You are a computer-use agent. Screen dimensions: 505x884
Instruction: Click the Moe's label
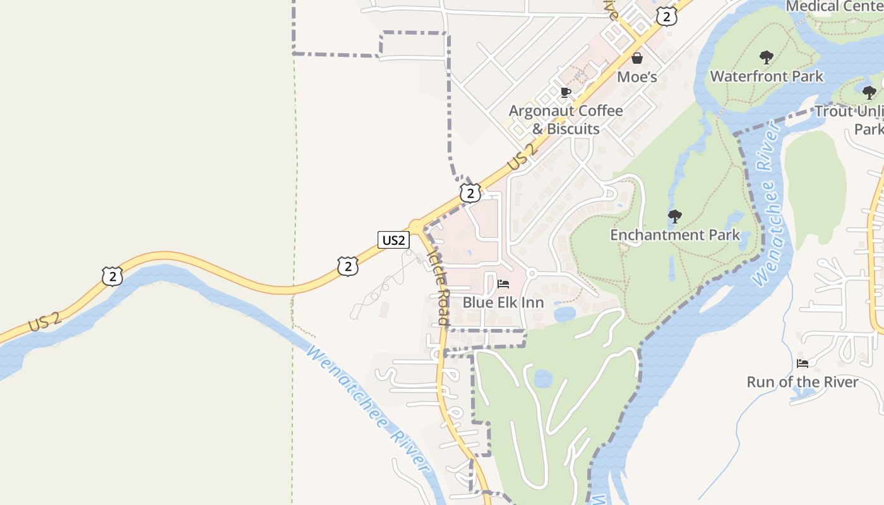pos(637,77)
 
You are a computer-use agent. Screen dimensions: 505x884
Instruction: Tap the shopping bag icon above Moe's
pos(637,59)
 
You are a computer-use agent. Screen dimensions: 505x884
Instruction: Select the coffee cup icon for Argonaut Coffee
pos(566,93)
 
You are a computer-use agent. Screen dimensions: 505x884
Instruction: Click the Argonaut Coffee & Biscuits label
pos(566,120)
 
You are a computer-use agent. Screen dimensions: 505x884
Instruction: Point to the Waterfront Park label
pos(767,76)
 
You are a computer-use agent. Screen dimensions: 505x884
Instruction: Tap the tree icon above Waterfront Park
pos(767,58)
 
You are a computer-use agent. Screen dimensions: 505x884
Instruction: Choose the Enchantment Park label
pos(674,235)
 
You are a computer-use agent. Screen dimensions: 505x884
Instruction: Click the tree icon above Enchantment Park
pos(674,217)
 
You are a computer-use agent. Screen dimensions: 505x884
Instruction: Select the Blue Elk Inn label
pos(503,302)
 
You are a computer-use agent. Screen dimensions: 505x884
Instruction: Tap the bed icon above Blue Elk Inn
pos(503,284)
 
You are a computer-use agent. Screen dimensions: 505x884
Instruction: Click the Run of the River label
pos(803,382)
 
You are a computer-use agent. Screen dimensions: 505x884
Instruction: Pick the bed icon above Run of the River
pos(803,363)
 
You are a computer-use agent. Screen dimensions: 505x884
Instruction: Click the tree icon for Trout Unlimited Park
pos(869,93)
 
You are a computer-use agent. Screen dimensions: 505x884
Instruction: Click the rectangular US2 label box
pos(393,240)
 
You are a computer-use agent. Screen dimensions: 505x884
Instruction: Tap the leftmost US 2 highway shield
pos(112,276)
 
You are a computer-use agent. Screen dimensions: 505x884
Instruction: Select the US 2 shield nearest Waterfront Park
pos(666,16)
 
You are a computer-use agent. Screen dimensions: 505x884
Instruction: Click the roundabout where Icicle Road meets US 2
pos(416,225)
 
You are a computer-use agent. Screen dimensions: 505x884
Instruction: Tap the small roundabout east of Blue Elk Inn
pos(532,273)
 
